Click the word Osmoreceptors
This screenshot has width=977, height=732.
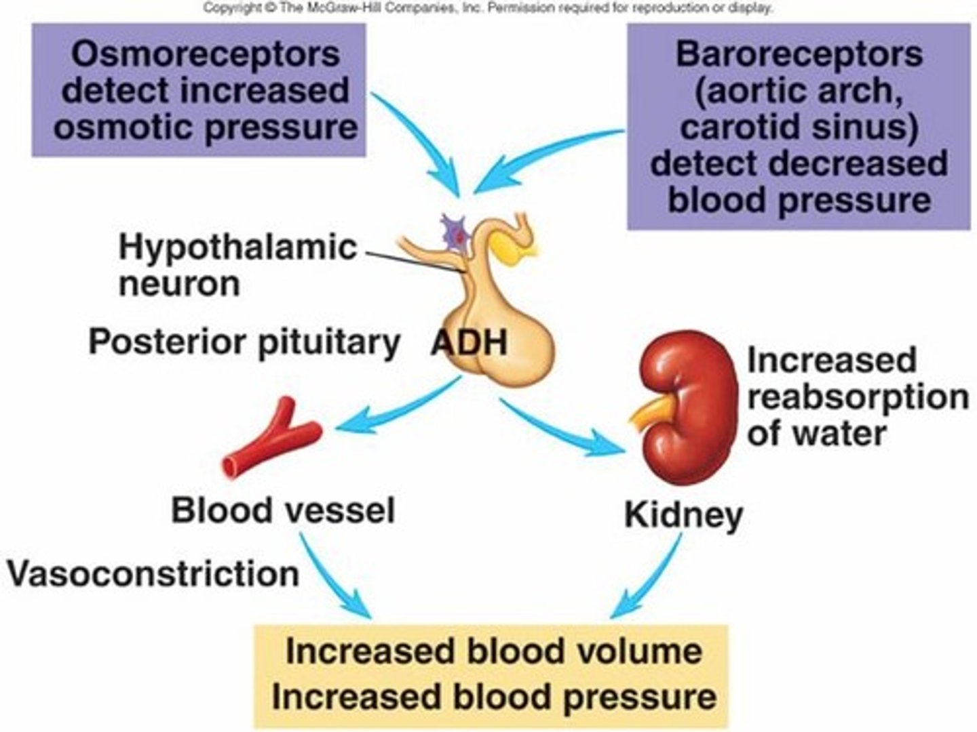(x=205, y=54)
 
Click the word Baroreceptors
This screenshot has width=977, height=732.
(x=799, y=54)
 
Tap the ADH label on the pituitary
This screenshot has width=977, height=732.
(x=470, y=342)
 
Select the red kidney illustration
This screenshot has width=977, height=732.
(x=685, y=407)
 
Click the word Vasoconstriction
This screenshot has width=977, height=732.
(x=153, y=574)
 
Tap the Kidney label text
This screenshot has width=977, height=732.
(x=683, y=515)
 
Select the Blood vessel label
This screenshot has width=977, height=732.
(x=282, y=510)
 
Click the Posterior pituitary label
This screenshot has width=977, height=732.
(x=244, y=342)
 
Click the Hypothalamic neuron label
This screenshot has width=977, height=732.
(x=237, y=265)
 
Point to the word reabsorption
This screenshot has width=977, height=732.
(x=857, y=397)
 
